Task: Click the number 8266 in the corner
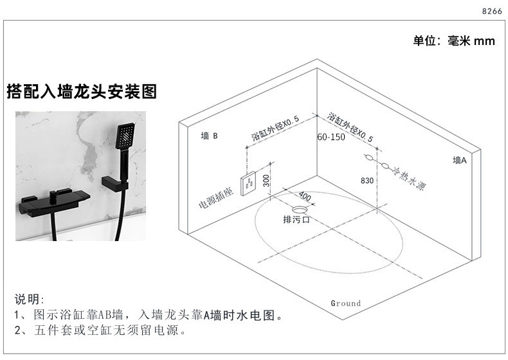coord(491,11)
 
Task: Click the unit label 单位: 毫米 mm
coord(453,41)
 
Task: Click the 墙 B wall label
coord(210,136)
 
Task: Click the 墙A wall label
coord(459,161)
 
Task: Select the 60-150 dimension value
coord(331,137)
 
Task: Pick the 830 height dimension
coord(367,181)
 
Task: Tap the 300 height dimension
coord(266,181)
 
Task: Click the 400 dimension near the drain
coord(304,196)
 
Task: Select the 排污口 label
coord(297,220)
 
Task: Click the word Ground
coord(346,303)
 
